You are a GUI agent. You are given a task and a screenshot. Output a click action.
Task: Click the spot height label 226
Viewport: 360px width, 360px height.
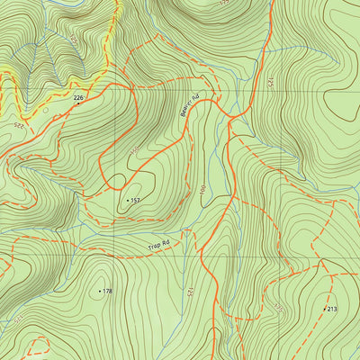78,97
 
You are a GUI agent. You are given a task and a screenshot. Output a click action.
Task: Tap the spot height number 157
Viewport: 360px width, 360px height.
136,200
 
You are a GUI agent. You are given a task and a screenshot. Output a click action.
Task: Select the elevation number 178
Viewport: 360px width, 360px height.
107,292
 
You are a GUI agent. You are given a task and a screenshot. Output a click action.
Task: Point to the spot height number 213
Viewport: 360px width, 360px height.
332,309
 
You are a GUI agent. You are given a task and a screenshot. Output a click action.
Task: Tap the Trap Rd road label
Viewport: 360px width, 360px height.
159,244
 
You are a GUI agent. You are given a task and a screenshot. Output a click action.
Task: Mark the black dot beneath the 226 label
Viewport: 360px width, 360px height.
77,103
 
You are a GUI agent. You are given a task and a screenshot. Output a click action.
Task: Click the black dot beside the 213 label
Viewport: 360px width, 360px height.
324,309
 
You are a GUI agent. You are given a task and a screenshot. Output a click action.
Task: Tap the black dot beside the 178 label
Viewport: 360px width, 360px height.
99,292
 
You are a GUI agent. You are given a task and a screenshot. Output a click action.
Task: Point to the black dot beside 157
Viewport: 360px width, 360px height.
128,200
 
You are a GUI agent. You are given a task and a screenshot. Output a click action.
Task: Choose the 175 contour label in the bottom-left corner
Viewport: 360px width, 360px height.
16,320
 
